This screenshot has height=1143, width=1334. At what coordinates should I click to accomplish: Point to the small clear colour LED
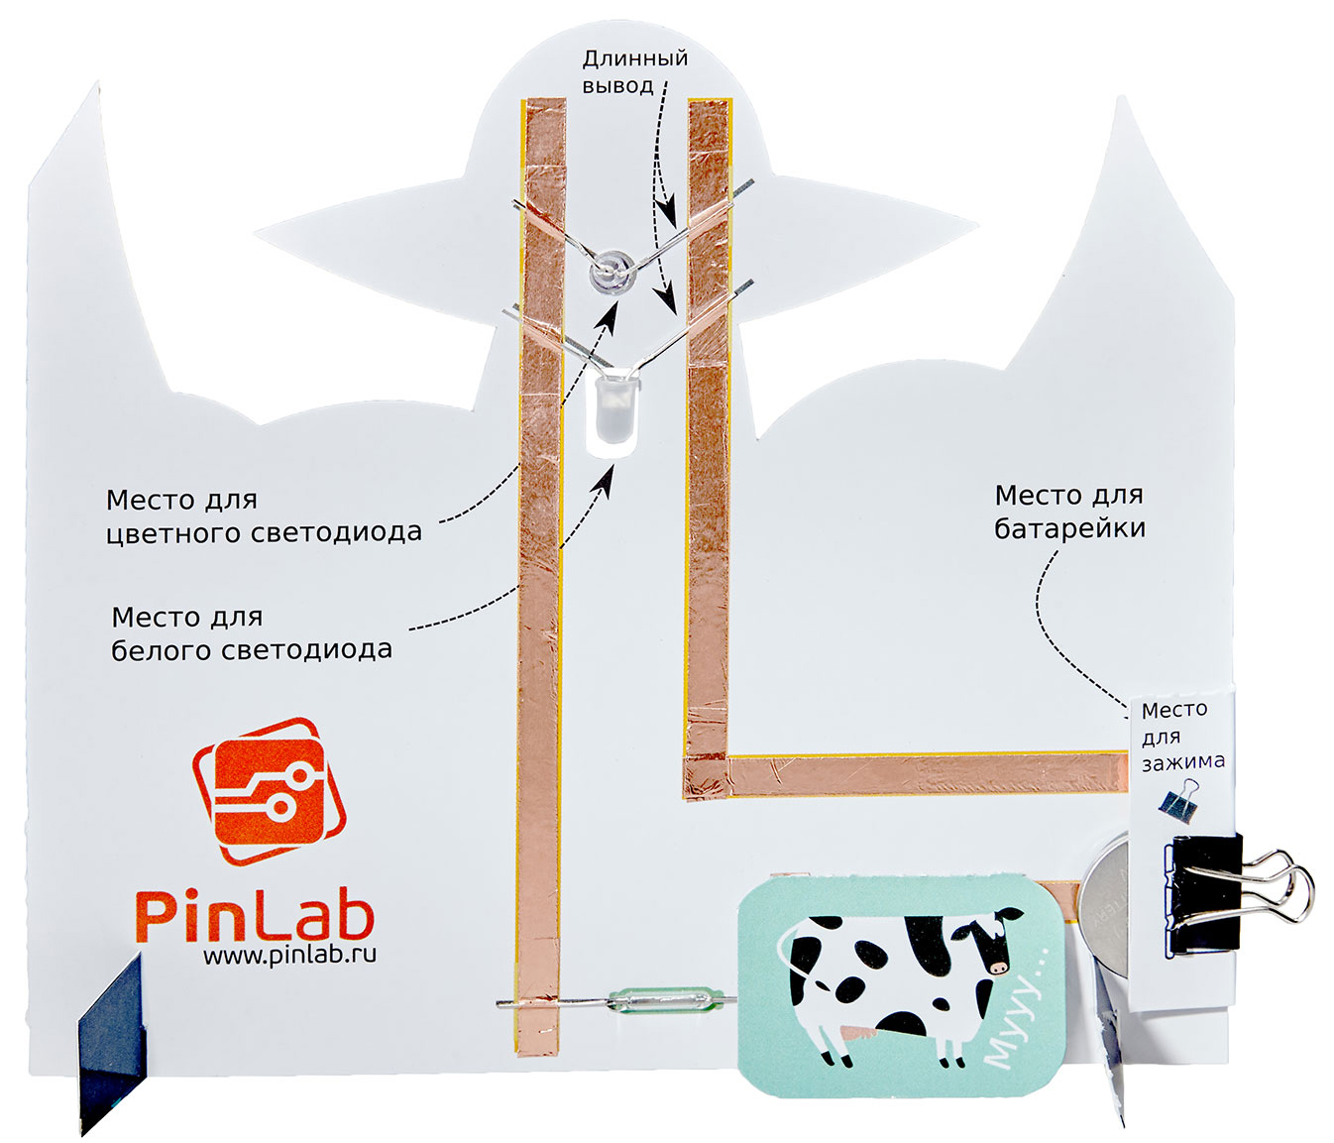pos(610,270)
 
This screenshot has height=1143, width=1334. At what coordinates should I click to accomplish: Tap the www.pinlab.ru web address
pos(289,956)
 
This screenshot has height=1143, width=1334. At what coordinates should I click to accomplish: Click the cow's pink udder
pos(851,1034)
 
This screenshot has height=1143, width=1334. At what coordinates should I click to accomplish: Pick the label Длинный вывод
pos(634,71)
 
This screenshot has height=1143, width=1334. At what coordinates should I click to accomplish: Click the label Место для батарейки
pos(1069,511)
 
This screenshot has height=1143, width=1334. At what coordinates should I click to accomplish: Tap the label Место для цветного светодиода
pos(264,515)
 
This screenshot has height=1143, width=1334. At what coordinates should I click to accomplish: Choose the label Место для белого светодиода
pos(251,633)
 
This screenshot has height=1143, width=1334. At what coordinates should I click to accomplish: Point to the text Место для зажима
pos(1181,735)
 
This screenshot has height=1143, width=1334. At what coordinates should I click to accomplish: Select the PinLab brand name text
pos(254,913)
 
